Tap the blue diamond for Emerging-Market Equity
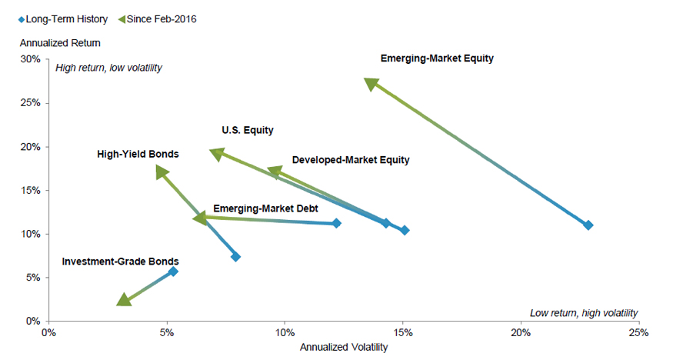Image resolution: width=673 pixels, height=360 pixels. pyautogui.click(x=588, y=225)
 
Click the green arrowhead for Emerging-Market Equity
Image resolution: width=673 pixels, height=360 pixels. pyautogui.click(x=371, y=84)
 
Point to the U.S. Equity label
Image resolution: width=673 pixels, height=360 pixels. pyautogui.click(x=248, y=131)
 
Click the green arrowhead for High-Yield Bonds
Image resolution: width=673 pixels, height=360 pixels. pyautogui.click(x=162, y=172)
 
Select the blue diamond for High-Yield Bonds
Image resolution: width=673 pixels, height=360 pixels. pyautogui.click(x=235, y=256)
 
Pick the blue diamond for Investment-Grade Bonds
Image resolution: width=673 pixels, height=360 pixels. pyautogui.click(x=173, y=271)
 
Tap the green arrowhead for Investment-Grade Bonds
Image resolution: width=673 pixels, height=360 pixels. pyautogui.click(x=123, y=299)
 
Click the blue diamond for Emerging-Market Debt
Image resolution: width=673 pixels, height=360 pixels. pyautogui.click(x=336, y=223)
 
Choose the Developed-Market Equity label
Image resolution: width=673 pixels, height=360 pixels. pyautogui.click(x=351, y=160)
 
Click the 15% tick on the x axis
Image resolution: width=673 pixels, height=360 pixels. pyautogui.click(x=402, y=332)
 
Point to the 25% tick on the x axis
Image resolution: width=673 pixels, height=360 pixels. pyautogui.click(x=638, y=332)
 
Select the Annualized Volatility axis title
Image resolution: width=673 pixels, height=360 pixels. pyautogui.click(x=344, y=348)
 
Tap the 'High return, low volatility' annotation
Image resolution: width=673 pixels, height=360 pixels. pyautogui.click(x=108, y=68)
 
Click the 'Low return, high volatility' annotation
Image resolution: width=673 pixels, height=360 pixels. pyautogui.click(x=584, y=312)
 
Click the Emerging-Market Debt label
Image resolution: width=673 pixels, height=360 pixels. pyautogui.click(x=265, y=208)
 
